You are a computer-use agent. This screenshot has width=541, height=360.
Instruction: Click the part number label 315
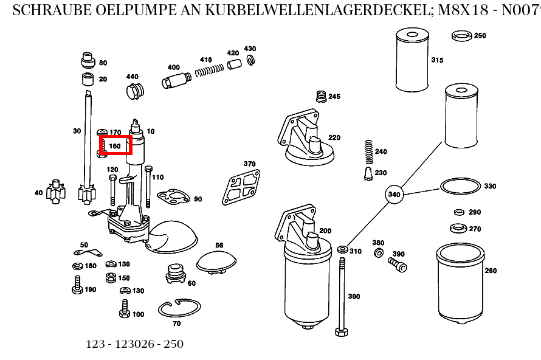click(437, 60)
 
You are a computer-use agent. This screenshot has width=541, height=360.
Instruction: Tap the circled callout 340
click(395, 195)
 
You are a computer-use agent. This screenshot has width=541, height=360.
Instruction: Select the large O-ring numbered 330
click(460, 186)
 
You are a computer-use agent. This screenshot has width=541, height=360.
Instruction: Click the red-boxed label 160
click(115, 146)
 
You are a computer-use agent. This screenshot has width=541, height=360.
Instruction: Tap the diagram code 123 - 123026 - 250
click(134, 344)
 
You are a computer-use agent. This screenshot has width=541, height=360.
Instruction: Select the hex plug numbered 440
click(133, 92)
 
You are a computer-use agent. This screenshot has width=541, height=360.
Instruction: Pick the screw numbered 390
click(397, 264)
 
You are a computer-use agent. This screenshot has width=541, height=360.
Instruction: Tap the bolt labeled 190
click(77, 285)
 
